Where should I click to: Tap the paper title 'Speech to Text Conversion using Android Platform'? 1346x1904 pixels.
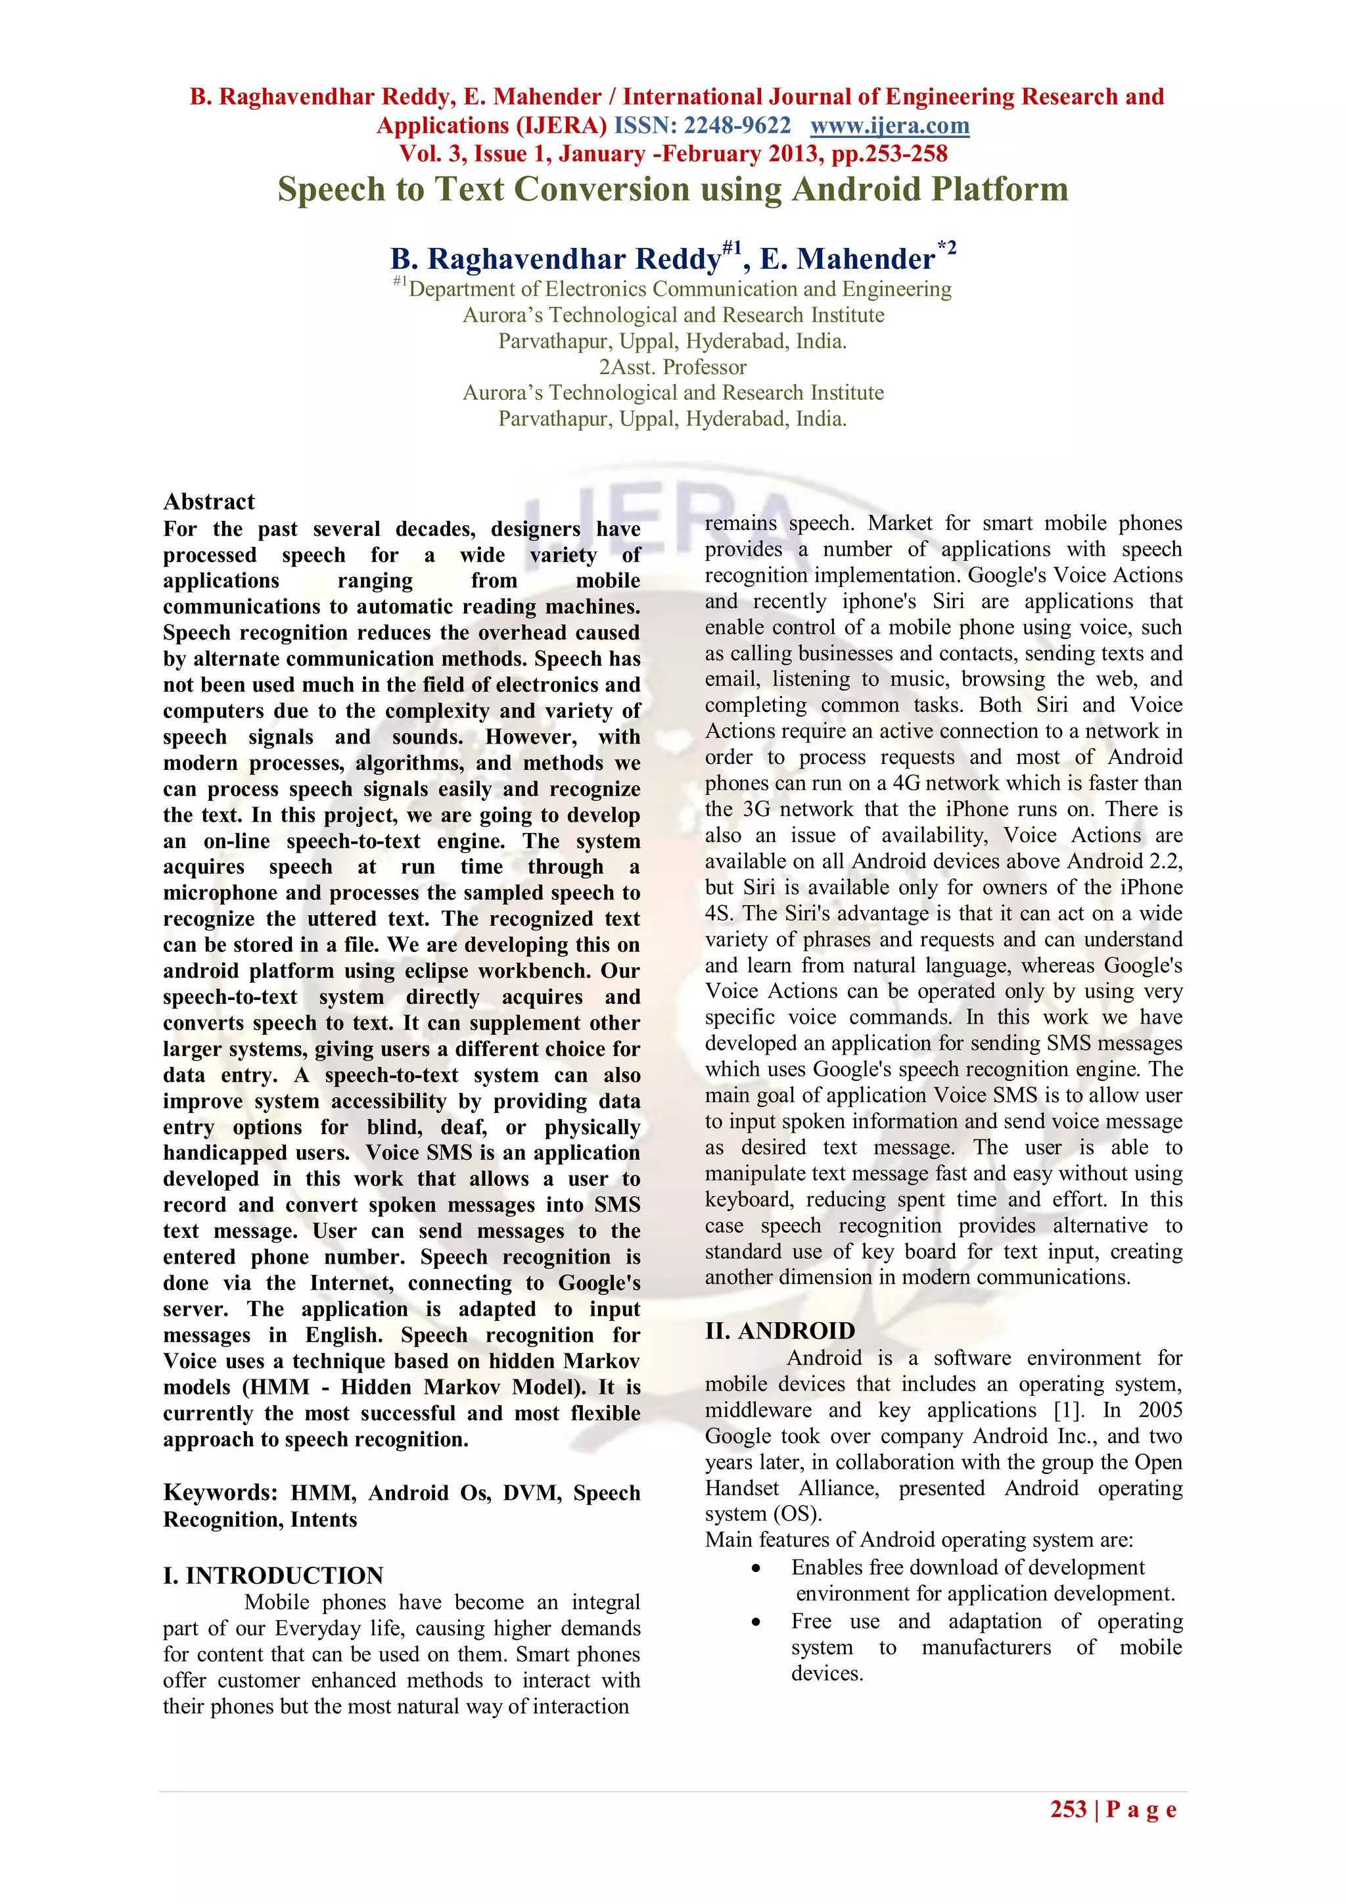[672, 189]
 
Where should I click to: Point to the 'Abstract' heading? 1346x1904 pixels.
[209, 501]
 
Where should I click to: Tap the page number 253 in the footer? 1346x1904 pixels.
[1067, 1809]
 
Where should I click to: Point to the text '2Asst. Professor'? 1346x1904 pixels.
[672, 367]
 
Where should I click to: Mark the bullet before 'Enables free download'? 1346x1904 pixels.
[755, 1568]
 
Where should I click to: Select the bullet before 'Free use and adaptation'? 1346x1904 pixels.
[755, 1622]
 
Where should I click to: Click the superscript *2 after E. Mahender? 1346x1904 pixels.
[946, 247]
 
